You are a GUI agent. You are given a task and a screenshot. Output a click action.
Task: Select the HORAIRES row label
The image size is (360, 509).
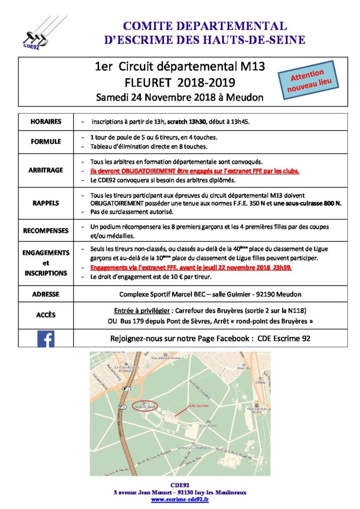(x=46, y=121)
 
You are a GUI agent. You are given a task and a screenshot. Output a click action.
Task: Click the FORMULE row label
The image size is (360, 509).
(x=46, y=141)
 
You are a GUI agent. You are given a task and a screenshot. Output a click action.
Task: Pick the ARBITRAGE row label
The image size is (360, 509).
(x=46, y=170)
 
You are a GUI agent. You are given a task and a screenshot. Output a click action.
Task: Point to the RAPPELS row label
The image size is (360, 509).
(x=46, y=202)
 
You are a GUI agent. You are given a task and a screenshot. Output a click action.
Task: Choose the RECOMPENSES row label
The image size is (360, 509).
(x=46, y=231)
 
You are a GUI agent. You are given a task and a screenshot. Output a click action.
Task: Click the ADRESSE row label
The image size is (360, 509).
(x=46, y=294)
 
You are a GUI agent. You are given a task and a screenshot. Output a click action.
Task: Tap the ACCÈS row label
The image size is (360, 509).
(x=46, y=315)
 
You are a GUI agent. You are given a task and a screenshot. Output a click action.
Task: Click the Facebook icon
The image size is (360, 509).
(x=46, y=339)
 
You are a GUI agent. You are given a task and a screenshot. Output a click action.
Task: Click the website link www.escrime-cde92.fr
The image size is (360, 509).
(x=180, y=500)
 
